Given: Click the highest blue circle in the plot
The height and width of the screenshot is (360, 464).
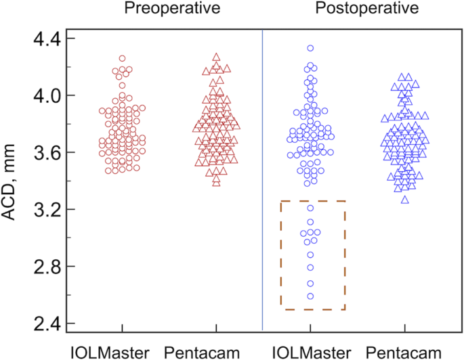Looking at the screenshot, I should [x=310, y=48].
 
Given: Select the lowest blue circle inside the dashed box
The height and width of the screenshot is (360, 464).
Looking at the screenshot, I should [x=310, y=296].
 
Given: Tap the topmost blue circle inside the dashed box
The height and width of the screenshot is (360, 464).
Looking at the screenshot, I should [x=310, y=208].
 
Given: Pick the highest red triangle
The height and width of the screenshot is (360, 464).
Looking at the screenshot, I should [x=216, y=58].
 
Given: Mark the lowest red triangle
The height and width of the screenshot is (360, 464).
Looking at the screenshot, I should [x=216, y=182].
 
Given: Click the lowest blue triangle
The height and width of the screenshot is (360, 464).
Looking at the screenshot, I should [x=404, y=200].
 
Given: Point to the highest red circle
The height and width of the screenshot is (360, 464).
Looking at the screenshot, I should [x=122, y=58].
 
